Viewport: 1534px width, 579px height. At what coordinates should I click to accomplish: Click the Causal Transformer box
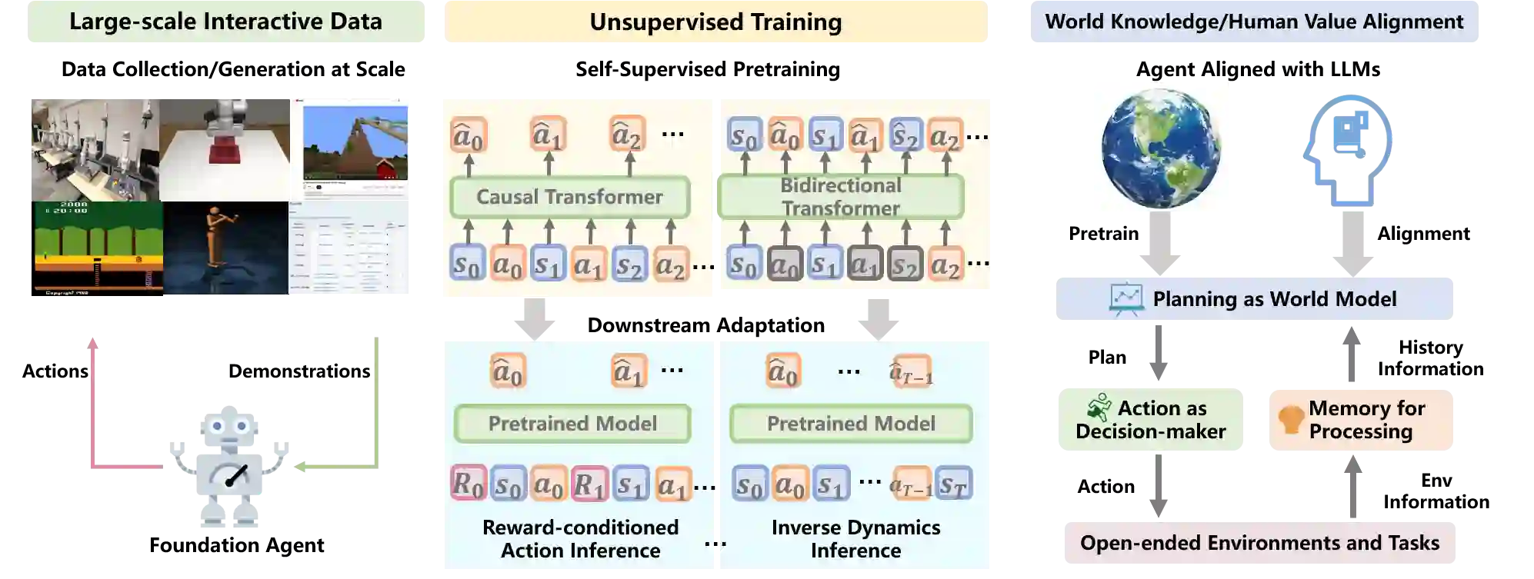[x=569, y=197]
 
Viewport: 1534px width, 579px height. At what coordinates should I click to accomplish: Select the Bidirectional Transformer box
[x=840, y=197]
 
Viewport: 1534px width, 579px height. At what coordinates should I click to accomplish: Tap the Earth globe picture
[x=1159, y=148]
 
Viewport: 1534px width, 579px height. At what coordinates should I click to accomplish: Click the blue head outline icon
[x=1348, y=150]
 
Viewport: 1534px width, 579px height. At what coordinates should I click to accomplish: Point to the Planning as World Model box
[x=1255, y=298]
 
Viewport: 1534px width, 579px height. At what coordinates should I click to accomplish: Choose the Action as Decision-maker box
[x=1150, y=421]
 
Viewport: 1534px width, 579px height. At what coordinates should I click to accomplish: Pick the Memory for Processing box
[x=1362, y=421]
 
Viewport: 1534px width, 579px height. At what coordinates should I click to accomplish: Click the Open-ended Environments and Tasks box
[x=1260, y=543]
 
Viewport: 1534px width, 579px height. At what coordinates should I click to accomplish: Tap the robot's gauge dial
[x=232, y=477]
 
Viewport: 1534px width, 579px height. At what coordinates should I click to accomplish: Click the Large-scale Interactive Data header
[x=225, y=22]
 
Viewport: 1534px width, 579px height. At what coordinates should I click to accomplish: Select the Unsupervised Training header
[x=715, y=22]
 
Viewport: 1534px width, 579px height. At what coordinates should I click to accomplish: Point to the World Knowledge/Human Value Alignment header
[x=1254, y=22]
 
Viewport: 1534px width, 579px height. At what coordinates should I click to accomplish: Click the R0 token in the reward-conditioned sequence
[x=468, y=484]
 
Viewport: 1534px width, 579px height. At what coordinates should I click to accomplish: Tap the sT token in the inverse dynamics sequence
[x=953, y=484]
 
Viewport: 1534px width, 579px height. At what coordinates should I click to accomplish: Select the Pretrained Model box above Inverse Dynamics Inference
[x=851, y=424]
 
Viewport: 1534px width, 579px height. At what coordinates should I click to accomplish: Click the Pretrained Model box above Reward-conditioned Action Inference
[x=572, y=424]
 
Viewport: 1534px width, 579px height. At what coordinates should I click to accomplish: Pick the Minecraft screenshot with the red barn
[x=355, y=143]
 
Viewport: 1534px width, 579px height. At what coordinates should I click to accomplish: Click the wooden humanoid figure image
[x=225, y=248]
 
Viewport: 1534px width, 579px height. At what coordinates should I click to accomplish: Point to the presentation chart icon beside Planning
[x=1125, y=299]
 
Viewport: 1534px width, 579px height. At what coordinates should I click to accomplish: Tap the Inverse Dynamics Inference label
[x=855, y=539]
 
